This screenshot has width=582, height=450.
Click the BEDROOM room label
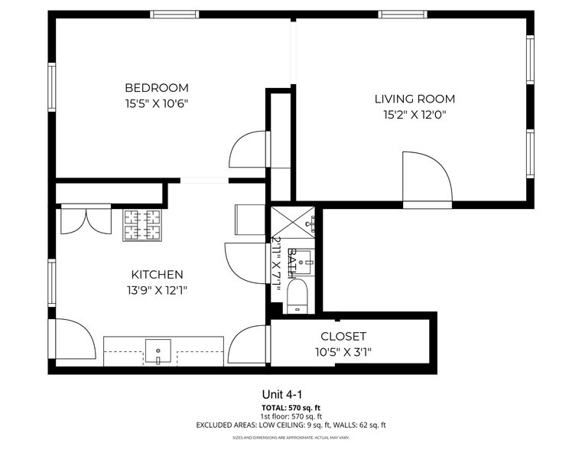pos(157,87)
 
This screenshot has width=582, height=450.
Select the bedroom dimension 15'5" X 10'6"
pos(157,103)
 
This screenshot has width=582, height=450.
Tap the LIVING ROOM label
pos(415,99)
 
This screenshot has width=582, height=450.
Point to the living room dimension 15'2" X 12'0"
pos(415,115)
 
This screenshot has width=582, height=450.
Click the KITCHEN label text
pos(157,274)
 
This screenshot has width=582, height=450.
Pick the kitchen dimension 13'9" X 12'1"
pos(157,290)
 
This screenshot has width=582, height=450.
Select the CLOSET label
pos(343,336)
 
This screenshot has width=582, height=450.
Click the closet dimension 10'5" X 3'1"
pos(343,352)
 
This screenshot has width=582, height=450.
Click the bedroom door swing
pos(249,151)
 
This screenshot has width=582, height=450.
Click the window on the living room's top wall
pos(403,14)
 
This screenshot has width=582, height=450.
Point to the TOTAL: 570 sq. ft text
pos(291,408)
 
